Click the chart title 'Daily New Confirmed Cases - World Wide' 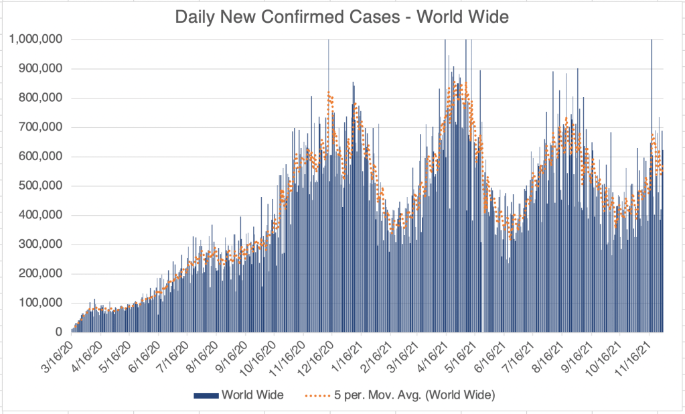pyautogui.click(x=341, y=17)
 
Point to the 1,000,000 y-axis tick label pyautogui.click(x=36, y=39)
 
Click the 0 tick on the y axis pyautogui.click(x=59, y=332)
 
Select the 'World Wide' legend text pyautogui.click(x=254, y=396)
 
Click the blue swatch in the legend pyautogui.click(x=206, y=396)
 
